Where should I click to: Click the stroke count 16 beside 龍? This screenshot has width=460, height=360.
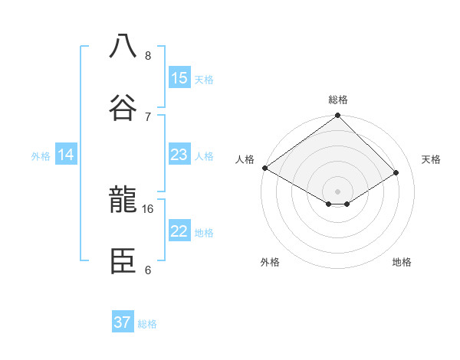click(148, 208)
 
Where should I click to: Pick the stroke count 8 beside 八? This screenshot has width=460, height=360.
click(148, 56)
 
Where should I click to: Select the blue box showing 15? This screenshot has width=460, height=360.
click(179, 78)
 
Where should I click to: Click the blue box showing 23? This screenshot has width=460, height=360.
click(179, 155)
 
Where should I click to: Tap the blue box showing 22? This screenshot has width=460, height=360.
click(179, 232)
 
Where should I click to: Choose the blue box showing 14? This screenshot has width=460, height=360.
click(66, 155)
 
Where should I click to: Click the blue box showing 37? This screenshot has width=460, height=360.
click(122, 322)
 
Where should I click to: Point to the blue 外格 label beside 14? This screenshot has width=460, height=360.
click(41, 156)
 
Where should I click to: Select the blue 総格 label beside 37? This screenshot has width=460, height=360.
click(147, 323)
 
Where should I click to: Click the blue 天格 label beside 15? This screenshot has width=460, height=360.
click(204, 79)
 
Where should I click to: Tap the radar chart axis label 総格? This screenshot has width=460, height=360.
click(338, 100)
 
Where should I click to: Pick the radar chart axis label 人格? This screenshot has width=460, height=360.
click(245, 159)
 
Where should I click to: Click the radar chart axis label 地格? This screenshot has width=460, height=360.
click(402, 262)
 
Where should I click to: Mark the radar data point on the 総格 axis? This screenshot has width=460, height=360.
click(338, 116)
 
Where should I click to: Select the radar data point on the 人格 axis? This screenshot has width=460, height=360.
click(264, 168)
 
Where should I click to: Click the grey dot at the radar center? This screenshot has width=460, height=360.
click(338, 191)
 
